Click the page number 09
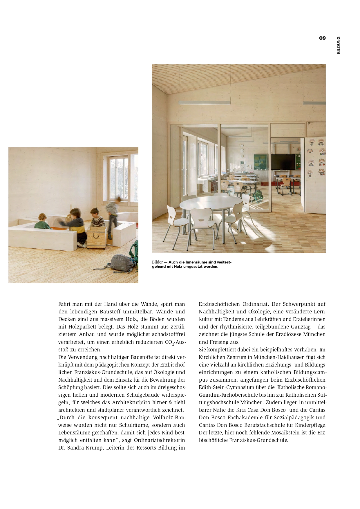pyautogui.click(x=322, y=38)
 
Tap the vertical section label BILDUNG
pyautogui.click(x=339, y=45)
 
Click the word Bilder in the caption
pyautogui.click(x=157, y=262)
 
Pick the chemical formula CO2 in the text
pyautogui.click(x=169, y=342)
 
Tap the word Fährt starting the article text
pyautogui.click(x=66, y=304)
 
